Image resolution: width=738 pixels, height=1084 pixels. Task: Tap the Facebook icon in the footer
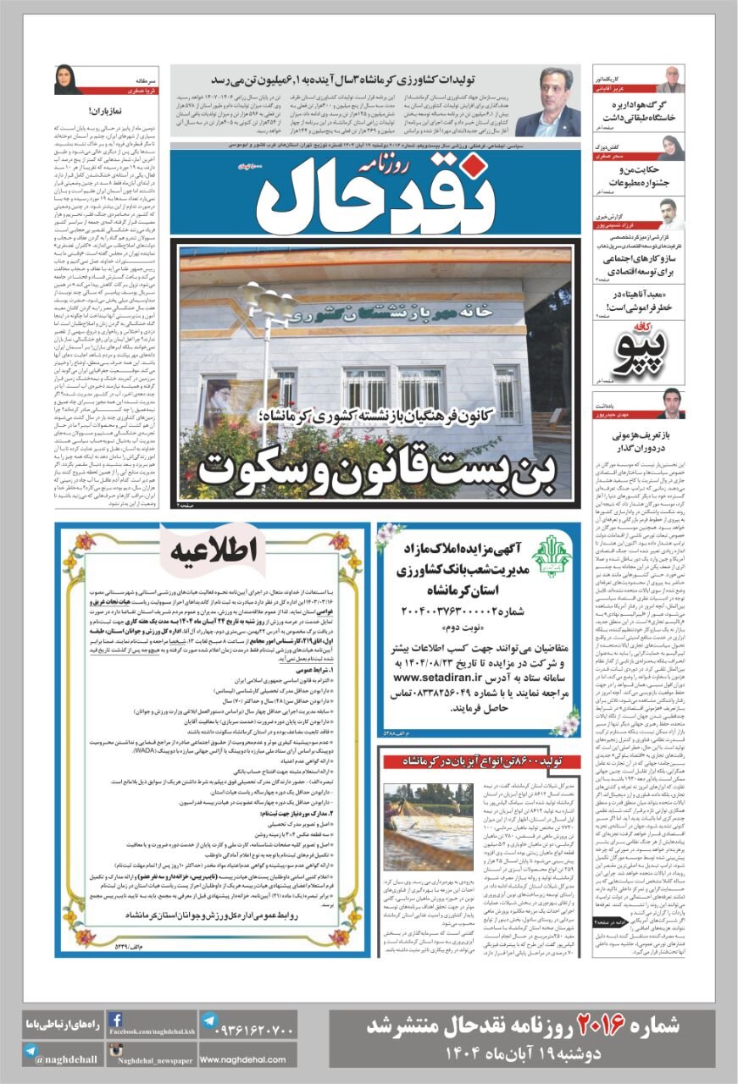(116, 1021)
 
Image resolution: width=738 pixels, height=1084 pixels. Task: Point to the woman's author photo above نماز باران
(66, 79)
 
